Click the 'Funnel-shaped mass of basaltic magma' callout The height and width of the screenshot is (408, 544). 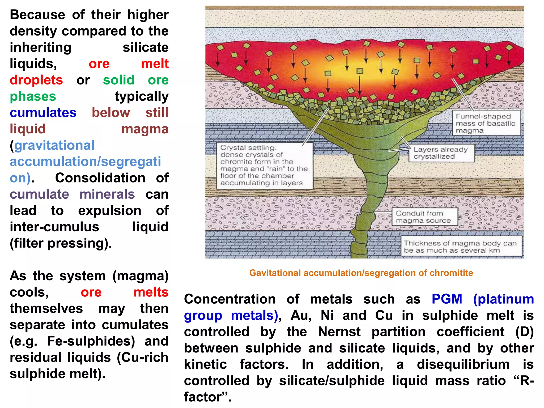(486, 123)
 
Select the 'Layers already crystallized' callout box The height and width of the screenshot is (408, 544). (441, 153)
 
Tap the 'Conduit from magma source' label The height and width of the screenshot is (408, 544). (424, 217)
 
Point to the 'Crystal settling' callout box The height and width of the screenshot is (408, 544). (264, 165)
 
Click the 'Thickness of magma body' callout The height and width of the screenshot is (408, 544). (461, 246)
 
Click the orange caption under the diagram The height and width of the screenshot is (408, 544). (361, 273)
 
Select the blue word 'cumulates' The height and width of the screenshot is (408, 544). (43, 113)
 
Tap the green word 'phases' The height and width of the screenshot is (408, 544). (33, 96)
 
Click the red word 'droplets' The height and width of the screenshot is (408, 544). (36, 80)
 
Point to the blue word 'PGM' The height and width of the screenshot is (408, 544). (447, 299)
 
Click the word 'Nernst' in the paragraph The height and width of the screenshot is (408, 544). (339, 331)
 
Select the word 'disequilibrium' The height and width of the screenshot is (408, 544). (463, 364)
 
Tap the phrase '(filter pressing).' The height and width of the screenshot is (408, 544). (61, 243)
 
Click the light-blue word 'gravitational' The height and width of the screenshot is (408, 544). (54, 145)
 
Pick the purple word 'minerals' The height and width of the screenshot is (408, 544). (107, 194)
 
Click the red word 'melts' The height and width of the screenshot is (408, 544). (151, 292)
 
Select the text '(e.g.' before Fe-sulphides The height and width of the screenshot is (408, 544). (24, 341)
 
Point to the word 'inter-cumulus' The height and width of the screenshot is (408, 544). (54, 227)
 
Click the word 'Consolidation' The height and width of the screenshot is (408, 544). (100, 178)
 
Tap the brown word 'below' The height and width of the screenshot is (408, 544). (111, 113)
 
